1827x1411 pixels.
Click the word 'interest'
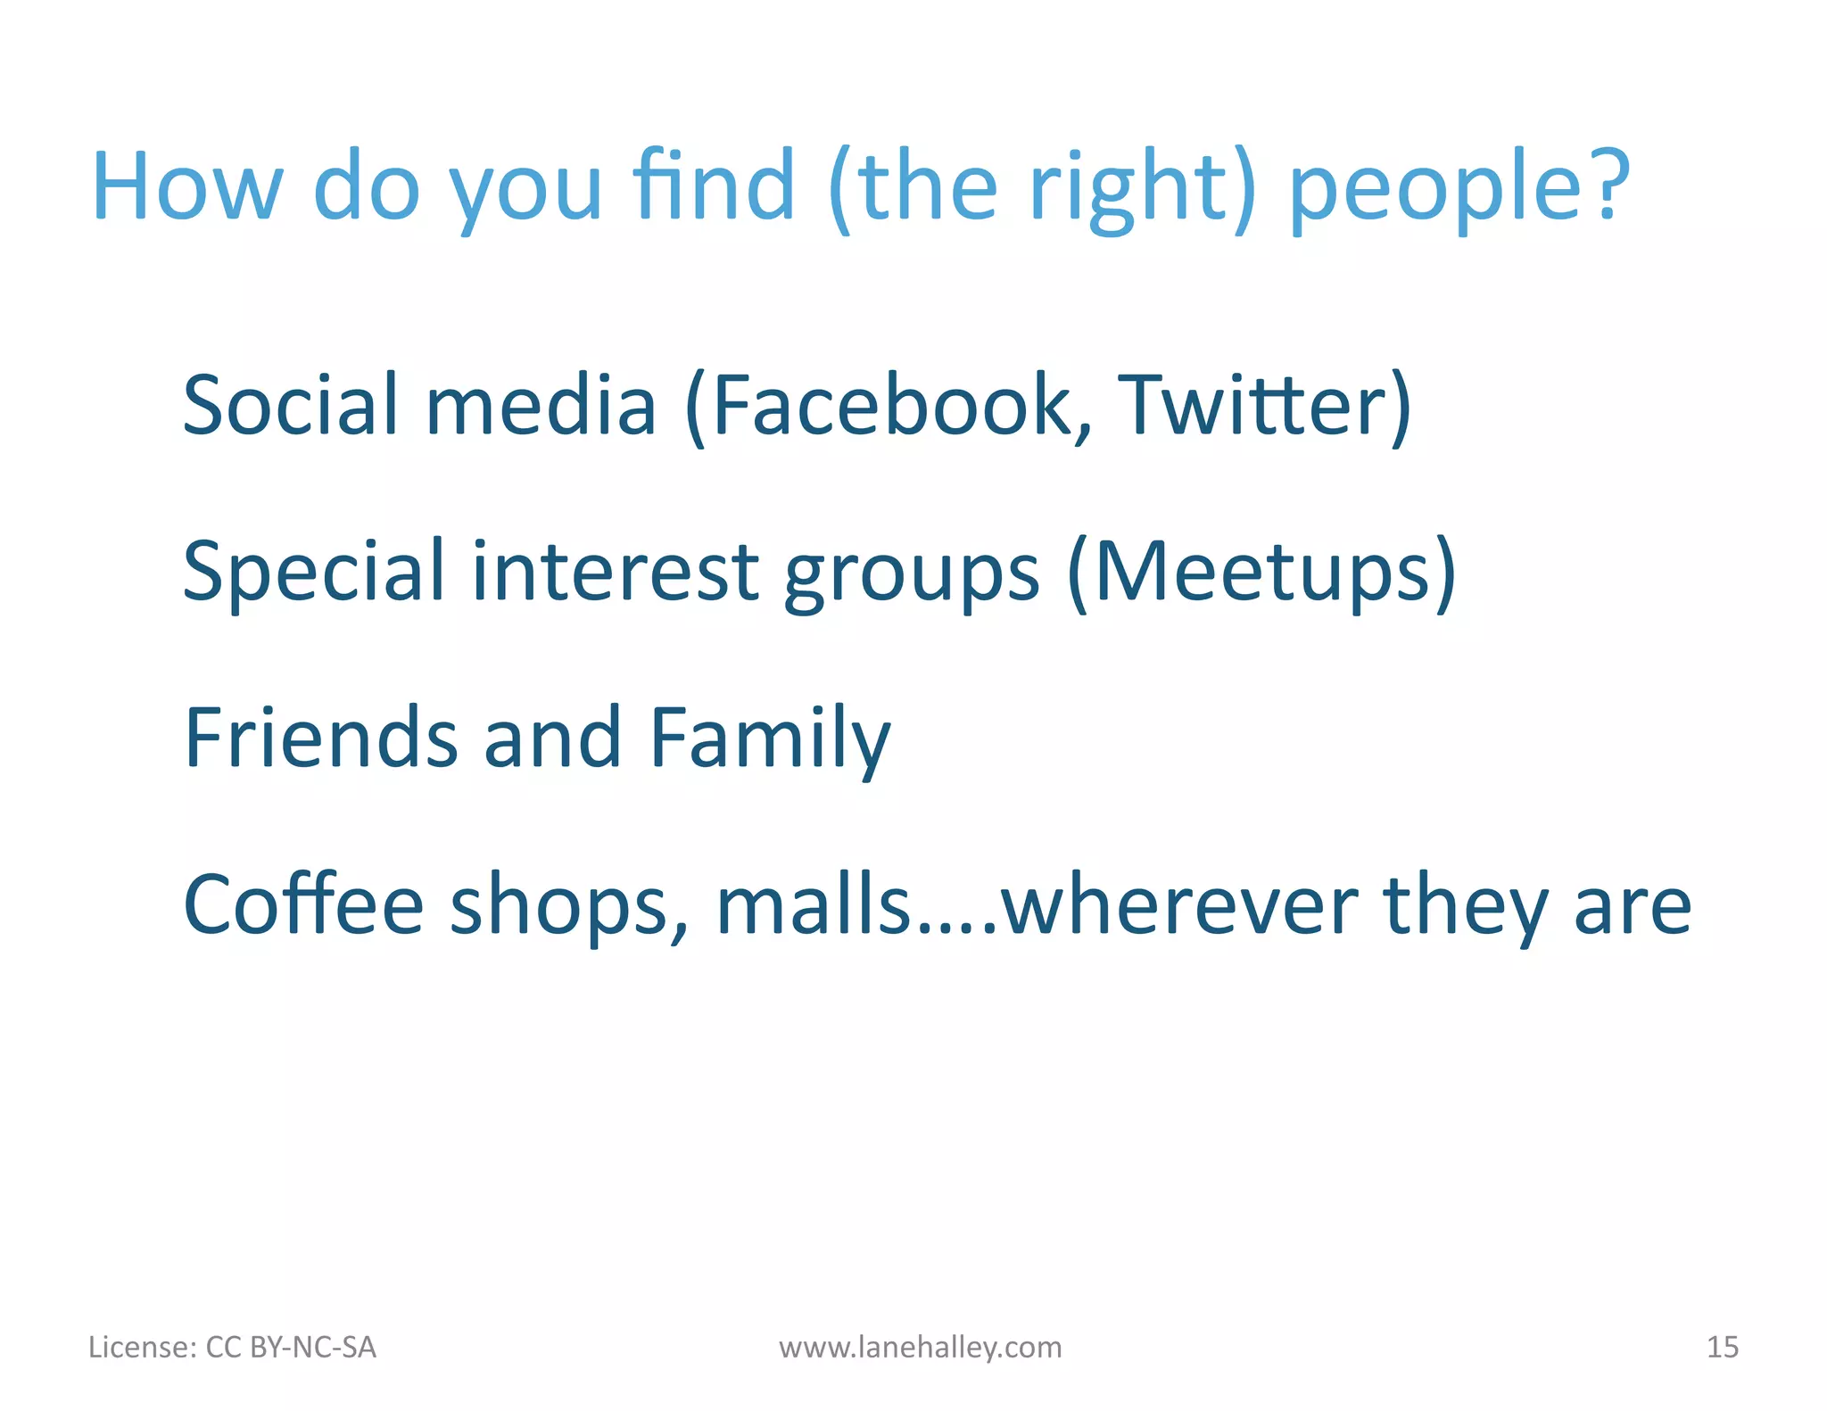615,571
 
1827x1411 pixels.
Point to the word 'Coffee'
303,904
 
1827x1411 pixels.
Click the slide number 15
1722,1347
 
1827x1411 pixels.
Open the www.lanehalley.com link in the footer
920,1347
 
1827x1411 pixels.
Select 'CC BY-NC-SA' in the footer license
291,1347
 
